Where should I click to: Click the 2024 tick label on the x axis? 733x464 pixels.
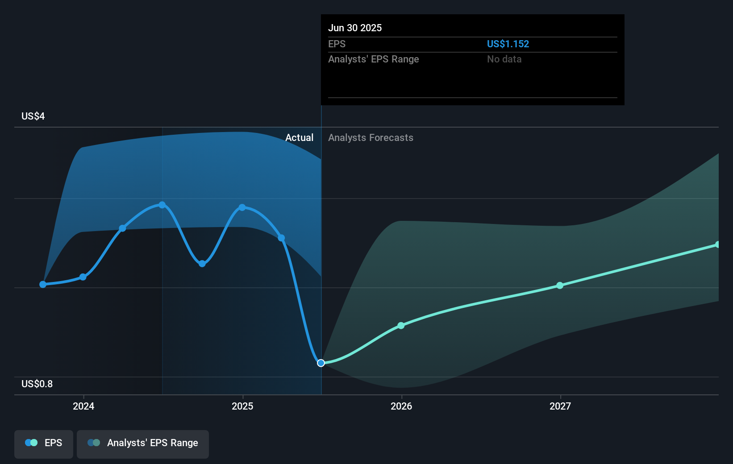pos(83,406)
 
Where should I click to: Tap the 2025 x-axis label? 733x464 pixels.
pos(242,406)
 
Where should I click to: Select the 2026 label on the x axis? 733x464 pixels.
pos(401,406)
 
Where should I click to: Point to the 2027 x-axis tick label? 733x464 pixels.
pos(560,406)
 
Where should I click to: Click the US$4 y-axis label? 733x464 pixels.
pos(33,116)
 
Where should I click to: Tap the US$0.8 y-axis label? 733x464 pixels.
pos(37,384)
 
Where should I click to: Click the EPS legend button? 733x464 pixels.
pos(44,443)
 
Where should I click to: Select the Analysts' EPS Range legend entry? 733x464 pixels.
pos(143,443)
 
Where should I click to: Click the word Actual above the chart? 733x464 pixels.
pos(299,138)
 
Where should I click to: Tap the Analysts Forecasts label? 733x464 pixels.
pos(371,138)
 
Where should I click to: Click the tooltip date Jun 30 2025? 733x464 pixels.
pos(355,28)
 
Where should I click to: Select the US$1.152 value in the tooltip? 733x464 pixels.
pos(508,44)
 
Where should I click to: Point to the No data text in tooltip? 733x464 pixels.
pos(504,59)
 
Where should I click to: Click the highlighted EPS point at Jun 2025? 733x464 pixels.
pos(321,363)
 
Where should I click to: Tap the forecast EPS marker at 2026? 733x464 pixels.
pos(401,326)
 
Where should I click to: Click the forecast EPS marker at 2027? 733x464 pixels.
pos(560,286)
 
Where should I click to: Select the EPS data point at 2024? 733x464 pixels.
pos(83,277)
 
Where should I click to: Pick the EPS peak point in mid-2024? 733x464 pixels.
pos(162,205)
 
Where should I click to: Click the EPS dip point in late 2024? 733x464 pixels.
pos(202,264)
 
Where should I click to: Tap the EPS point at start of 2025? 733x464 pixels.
pos(242,207)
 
